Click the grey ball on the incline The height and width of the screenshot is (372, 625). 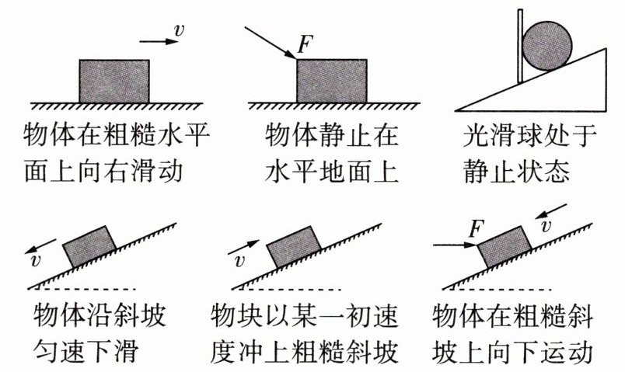[x=547, y=46]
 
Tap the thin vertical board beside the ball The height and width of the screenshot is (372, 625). [x=520, y=46]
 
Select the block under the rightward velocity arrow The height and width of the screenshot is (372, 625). [x=114, y=82]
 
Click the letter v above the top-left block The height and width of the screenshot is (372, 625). [x=180, y=30]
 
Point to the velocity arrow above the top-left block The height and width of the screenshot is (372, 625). [x=159, y=41]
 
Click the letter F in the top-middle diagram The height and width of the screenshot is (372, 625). [x=306, y=44]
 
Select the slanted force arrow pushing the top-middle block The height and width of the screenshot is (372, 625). [x=271, y=43]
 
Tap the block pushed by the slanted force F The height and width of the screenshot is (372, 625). [x=332, y=82]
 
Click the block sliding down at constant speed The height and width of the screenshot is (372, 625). [x=89, y=246]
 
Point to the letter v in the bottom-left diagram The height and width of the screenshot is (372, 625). [x=36, y=260]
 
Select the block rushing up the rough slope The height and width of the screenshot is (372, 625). [x=294, y=247]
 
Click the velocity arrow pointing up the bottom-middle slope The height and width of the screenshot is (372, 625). [x=243, y=247]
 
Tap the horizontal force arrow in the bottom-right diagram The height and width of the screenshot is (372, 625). [x=456, y=245]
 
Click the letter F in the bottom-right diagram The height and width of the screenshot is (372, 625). [x=477, y=229]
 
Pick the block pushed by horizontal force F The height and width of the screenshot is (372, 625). [x=505, y=247]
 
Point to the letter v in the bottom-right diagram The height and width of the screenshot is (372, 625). [x=546, y=226]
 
